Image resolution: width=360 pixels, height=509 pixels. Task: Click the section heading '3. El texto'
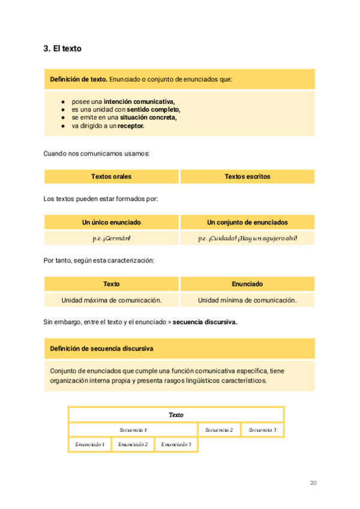click(x=62, y=49)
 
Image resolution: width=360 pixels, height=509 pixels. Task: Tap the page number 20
click(x=313, y=483)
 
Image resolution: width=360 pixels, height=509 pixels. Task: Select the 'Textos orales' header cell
click(x=112, y=176)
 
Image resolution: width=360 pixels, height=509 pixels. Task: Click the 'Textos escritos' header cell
click(x=247, y=176)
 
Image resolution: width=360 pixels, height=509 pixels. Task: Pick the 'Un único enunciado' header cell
click(x=112, y=222)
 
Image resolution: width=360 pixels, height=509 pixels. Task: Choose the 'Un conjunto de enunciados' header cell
click(x=247, y=222)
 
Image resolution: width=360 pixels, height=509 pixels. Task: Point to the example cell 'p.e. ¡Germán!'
click(x=112, y=238)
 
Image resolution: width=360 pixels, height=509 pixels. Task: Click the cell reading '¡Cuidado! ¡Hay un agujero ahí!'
click(x=247, y=238)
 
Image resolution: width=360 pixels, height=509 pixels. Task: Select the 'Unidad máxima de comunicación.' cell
click(x=112, y=300)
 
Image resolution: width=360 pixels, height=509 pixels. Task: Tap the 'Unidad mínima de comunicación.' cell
click(x=247, y=300)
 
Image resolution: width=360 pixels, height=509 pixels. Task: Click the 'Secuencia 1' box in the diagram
click(x=133, y=430)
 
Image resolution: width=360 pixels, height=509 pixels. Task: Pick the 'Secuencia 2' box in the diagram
click(x=219, y=430)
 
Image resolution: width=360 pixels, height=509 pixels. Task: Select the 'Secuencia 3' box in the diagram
click(x=262, y=430)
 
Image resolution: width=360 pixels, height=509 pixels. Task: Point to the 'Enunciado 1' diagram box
click(x=90, y=444)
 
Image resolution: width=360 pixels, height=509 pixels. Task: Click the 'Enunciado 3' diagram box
click(x=176, y=444)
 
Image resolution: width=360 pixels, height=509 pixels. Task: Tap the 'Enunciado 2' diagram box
click(x=133, y=444)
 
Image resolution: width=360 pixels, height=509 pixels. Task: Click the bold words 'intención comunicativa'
click(x=139, y=101)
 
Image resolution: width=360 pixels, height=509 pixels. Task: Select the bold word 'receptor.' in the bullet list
click(x=131, y=126)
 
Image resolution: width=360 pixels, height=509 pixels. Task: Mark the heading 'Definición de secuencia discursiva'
click(x=101, y=348)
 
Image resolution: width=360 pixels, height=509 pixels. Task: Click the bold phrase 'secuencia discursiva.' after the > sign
click(x=206, y=322)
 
